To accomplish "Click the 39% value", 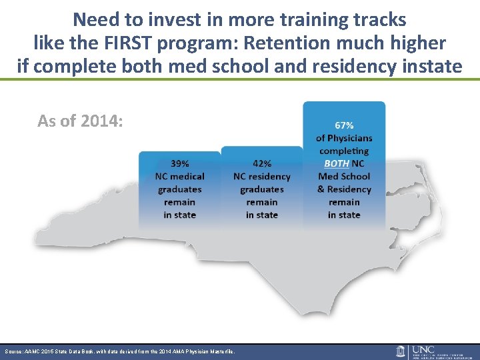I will pos(179,163).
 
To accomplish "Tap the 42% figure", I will pos(262,163).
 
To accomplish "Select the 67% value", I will pos(344,125).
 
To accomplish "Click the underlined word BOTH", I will pos(336,163).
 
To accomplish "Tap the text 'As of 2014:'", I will pos(80,121).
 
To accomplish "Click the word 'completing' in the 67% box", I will pos(344,151).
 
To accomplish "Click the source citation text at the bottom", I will pos(120,351).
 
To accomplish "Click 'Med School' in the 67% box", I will pos(344,176).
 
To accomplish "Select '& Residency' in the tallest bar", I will pos(344,189).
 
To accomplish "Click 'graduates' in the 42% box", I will pos(262,189).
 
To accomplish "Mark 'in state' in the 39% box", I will pos(179,215).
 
